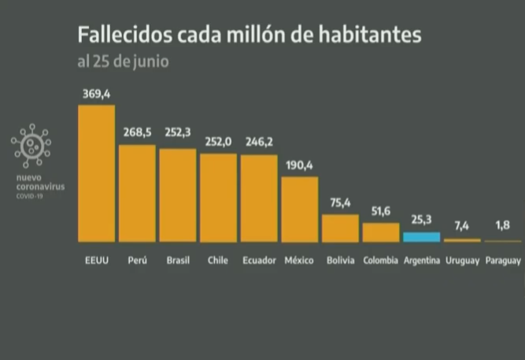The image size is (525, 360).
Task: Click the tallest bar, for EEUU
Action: pyautogui.click(x=96, y=173)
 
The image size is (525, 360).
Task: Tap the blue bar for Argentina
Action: pyautogui.click(x=421, y=236)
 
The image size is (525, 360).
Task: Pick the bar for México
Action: pyautogui.click(x=300, y=209)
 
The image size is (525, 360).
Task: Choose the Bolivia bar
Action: pyautogui.click(x=340, y=228)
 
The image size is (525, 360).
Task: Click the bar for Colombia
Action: pyautogui.click(x=381, y=232)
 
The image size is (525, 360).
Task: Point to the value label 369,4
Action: pyautogui.click(x=96, y=95)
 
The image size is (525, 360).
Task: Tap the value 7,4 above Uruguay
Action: pyautogui.click(x=462, y=227)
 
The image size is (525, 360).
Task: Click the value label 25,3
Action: pyautogui.click(x=422, y=221)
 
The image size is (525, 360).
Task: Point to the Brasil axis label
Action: pyautogui.click(x=178, y=260)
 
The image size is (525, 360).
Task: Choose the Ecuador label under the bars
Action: pyautogui.click(x=259, y=260)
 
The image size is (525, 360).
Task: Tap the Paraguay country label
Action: pyautogui.click(x=502, y=260)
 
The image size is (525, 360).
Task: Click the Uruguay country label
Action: pyautogui.click(x=462, y=260)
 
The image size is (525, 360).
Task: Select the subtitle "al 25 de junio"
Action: pyautogui.click(x=122, y=61)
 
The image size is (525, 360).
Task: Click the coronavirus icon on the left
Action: pyautogui.click(x=31, y=146)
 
